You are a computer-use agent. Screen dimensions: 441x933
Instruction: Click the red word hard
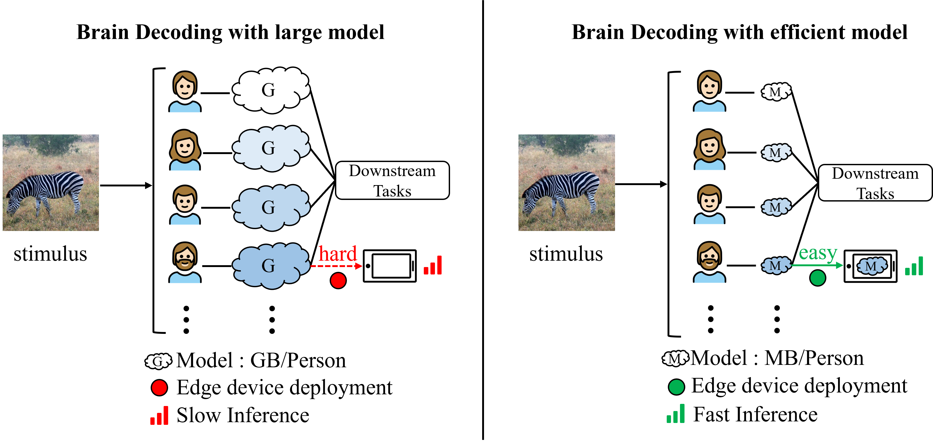coord(338,254)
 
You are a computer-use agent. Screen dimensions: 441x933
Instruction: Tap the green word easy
coord(818,253)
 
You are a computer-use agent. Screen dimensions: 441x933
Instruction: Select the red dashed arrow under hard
coord(336,266)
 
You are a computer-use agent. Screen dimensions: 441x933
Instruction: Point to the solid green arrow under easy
coord(817,265)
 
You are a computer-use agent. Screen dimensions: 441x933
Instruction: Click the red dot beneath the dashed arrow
coord(338,281)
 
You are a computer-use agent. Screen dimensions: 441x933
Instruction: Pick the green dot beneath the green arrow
coord(817,278)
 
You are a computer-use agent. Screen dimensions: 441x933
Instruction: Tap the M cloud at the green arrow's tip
coord(872,266)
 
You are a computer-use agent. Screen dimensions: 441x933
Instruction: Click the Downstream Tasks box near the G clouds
coord(392,180)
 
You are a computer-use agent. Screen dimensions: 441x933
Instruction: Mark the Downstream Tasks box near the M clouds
coord(875,183)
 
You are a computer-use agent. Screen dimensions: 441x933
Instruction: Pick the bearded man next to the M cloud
coord(709,263)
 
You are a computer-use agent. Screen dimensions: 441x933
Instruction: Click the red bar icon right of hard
coord(433,265)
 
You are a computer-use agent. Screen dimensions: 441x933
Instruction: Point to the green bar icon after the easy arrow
coord(914,266)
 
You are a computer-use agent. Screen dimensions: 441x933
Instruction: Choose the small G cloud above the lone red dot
coord(158,361)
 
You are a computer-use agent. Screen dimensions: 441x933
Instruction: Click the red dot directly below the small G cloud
coord(159,388)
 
